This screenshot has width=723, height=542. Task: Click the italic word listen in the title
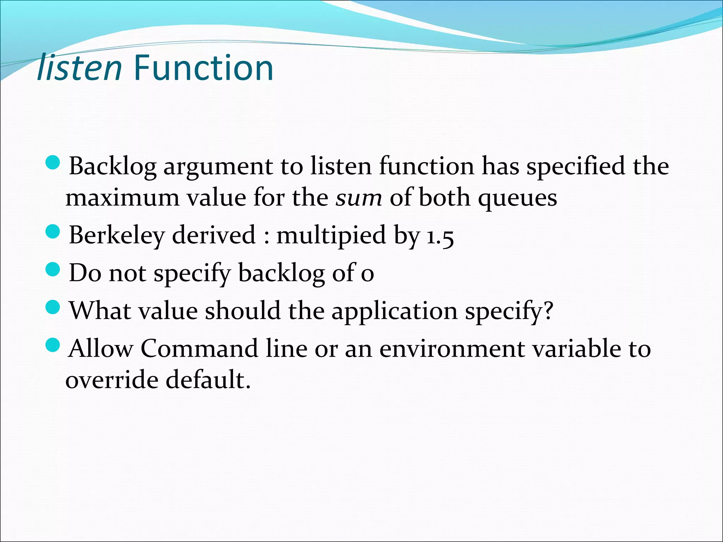80,68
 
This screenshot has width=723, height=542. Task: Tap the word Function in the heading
203,68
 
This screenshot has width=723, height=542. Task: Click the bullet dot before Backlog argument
53,163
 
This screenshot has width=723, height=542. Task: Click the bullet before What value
53,308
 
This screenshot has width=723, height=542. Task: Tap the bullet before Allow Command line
53,345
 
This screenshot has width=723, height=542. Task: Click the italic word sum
359,198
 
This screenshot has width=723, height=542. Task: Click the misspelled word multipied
331,236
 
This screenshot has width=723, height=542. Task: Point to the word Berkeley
117,236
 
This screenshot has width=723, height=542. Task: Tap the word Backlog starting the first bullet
113,166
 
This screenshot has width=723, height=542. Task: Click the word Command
199,349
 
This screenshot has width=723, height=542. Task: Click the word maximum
123,198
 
